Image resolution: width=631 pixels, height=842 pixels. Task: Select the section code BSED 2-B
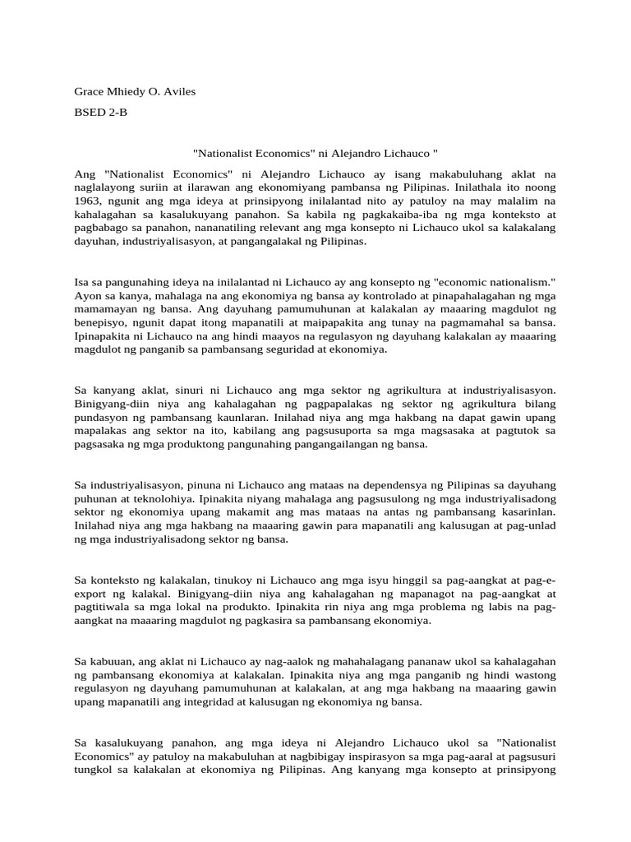point(101,113)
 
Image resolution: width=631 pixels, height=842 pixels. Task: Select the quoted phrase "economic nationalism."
point(495,281)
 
